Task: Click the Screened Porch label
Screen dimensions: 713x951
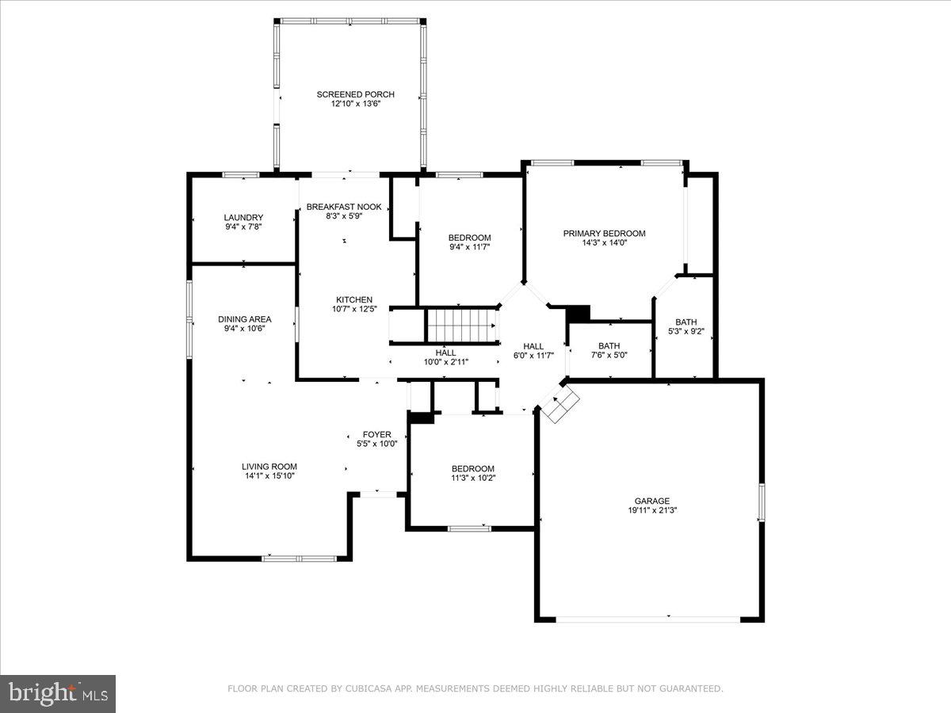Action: (355, 94)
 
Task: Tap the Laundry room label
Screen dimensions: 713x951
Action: (243, 218)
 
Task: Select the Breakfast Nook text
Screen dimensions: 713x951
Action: (344, 207)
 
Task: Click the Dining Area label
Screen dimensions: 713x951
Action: (244, 319)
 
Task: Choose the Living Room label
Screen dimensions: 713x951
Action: (269, 467)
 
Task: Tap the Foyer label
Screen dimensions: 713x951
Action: (377, 434)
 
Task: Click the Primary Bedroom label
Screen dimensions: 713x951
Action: (604, 234)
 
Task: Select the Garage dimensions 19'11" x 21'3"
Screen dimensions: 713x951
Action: (651, 510)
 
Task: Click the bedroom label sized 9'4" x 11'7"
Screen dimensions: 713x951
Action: (469, 238)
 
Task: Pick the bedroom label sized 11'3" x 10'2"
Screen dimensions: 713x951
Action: (472, 468)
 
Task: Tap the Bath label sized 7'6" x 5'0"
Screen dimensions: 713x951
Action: (609, 346)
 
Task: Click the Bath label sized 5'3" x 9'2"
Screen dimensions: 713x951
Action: (686, 322)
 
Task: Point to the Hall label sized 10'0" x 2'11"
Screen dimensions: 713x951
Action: (445, 353)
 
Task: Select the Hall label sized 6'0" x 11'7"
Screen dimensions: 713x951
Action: (533, 346)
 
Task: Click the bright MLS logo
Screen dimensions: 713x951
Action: (58, 693)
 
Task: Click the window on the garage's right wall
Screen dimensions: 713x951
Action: (761, 502)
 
